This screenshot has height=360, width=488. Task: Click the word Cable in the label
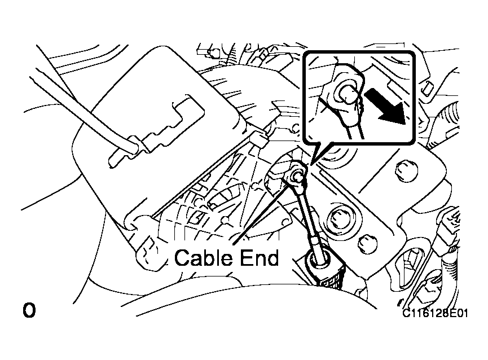[x=200, y=258]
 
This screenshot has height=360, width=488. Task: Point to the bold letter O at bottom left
[x=29, y=310]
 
